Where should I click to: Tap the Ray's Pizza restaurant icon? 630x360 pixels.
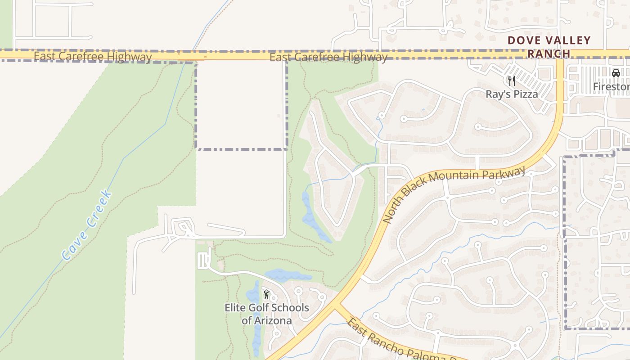click(511, 81)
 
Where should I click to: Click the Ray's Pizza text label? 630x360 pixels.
click(512, 94)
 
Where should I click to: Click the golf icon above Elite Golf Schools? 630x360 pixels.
click(266, 295)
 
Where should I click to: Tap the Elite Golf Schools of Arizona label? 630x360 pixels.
click(267, 314)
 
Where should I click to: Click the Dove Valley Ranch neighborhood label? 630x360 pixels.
click(549, 47)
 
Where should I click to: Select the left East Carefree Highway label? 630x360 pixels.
click(93, 57)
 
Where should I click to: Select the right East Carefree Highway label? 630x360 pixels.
click(328, 57)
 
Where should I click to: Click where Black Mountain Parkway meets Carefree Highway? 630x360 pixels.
click(560, 54)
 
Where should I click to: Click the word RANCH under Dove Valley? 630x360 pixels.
click(549, 54)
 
